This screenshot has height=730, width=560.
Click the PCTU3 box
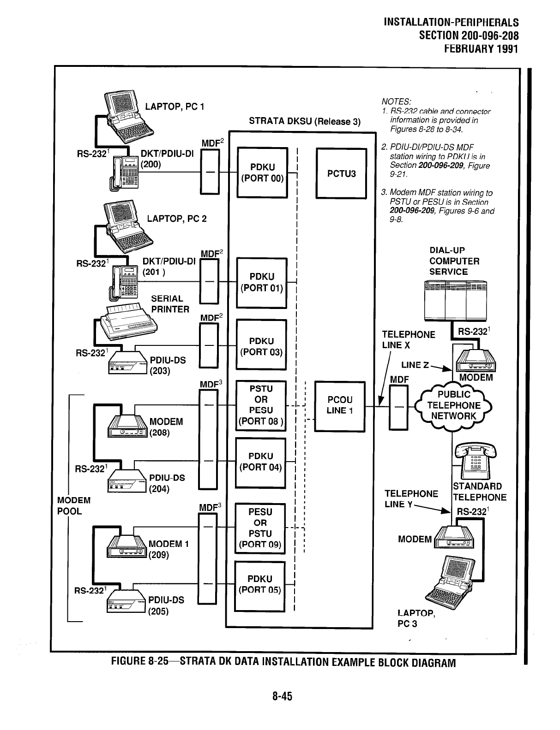pos(341,173)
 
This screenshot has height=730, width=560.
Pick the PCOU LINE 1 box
pos(339,405)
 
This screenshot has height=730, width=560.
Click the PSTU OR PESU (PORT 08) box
pos(261,405)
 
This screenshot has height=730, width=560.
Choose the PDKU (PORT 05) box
pos(260,585)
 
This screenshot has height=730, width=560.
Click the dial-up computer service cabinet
pos(455,299)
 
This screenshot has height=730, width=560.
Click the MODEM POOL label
pos(73,506)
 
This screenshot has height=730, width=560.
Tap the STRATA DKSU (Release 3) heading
pos(304,122)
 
